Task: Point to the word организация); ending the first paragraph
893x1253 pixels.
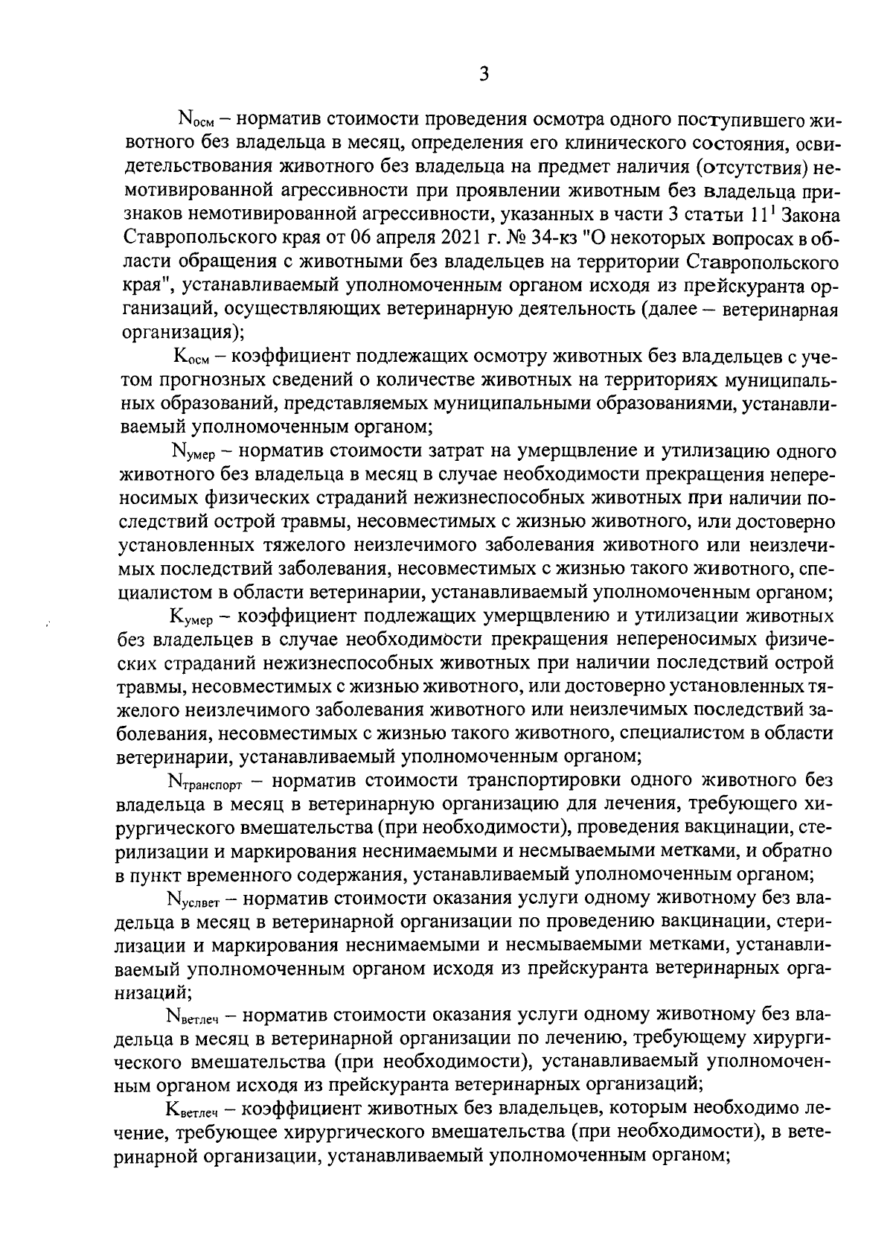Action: click(182, 333)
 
